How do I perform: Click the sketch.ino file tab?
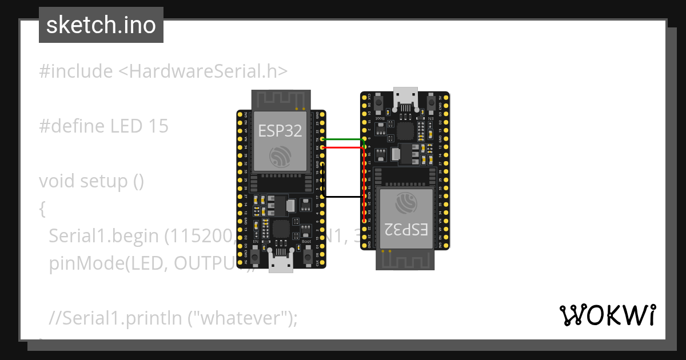101,25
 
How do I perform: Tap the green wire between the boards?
343,139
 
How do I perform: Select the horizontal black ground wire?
343,197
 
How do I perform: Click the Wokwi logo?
607,315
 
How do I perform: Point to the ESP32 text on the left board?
280,131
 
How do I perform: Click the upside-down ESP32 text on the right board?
406,229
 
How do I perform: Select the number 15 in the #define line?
158,126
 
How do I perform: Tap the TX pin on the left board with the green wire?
322,139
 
